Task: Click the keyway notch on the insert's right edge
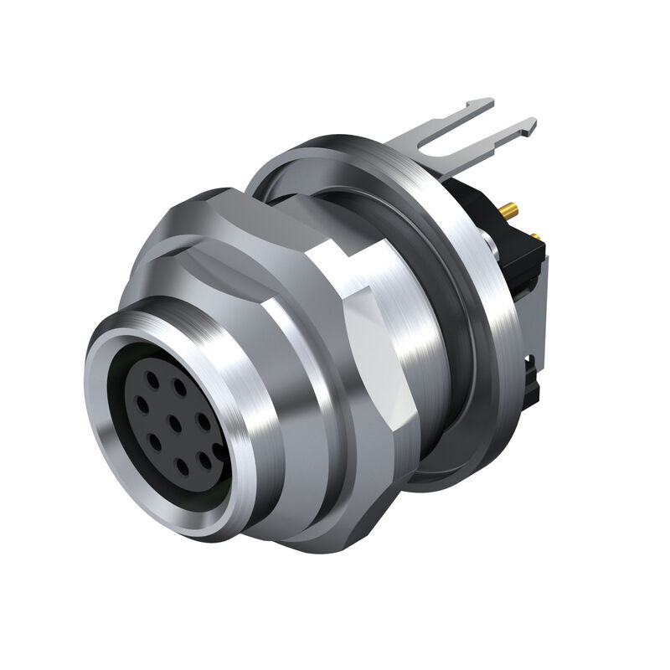pos(219,451)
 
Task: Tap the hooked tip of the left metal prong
pos(484,104)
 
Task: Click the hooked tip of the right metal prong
pos(527,126)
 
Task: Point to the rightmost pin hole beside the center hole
pos(204,416)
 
